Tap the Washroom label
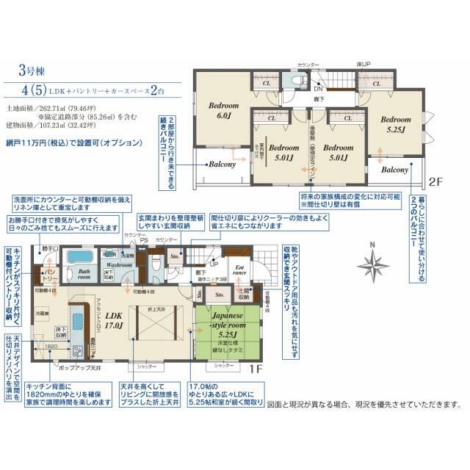(x=117, y=264)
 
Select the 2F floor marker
(x=436, y=181)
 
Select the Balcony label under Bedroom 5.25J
(x=395, y=170)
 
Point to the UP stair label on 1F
(x=214, y=264)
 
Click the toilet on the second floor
(x=298, y=80)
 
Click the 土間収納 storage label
(x=243, y=295)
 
